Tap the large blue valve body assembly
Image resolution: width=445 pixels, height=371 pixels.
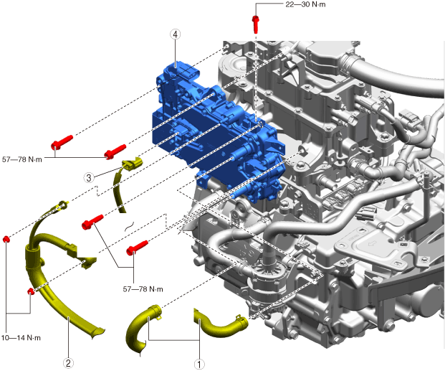(x=215, y=129)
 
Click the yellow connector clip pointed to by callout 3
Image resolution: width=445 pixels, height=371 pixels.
(x=131, y=164)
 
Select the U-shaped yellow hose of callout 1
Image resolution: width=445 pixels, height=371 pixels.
(x=143, y=327)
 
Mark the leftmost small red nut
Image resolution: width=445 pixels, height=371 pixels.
(x=6, y=238)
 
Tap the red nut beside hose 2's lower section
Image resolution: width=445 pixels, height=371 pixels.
(x=31, y=291)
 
